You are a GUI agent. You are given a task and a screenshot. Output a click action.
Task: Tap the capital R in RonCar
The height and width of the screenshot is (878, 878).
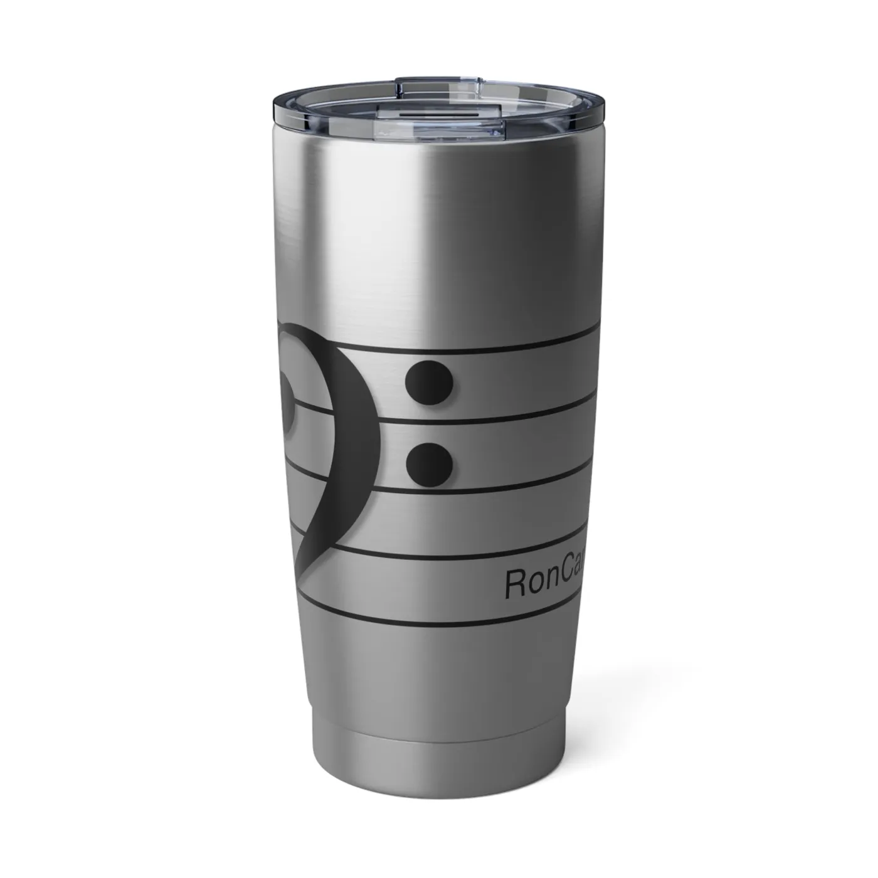(x=515, y=584)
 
